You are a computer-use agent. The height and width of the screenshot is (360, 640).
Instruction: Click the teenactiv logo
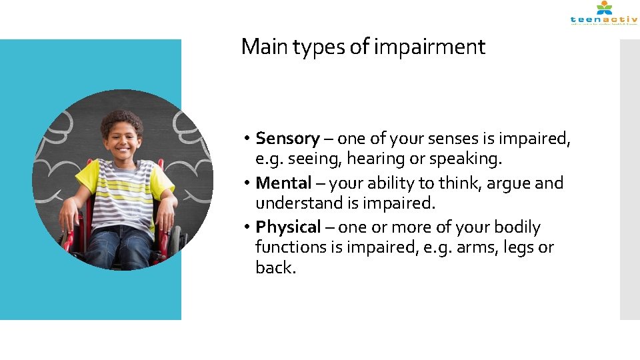pyautogui.click(x=603, y=14)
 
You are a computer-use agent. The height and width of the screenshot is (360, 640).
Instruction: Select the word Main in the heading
pyautogui.click(x=258, y=47)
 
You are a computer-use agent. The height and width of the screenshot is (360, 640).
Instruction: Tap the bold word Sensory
pyautogui.click(x=287, y=139)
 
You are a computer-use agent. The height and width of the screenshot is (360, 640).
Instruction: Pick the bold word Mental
pyautogui.click(x=284, y=183)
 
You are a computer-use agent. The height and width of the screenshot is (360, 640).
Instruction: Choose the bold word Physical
pyautogui.click(x=289, y=227)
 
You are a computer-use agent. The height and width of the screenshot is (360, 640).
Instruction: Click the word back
pyautogui.click(x=275, y=267)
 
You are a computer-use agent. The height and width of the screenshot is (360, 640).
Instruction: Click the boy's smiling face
pyautogui.click(x=122, y=141)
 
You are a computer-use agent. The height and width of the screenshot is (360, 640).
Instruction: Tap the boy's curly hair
pyautogui.click(x=121, y=120)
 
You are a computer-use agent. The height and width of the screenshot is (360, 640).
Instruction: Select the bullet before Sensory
pyautogui.click(x=246, y=139)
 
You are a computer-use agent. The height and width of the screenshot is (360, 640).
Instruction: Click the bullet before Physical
pyautogui.click(x=246, y=227)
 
